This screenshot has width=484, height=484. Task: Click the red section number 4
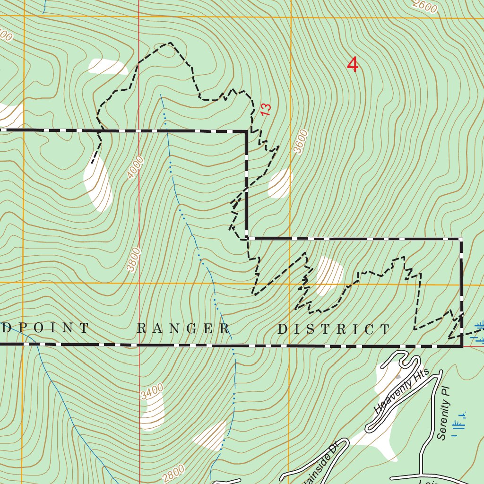tap(353, 65)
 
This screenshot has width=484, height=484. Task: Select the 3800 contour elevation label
tap(134, 259)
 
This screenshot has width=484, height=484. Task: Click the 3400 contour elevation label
tap(152, 392)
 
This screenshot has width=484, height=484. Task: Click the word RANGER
tap(183, 328)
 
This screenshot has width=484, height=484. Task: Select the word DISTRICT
tap(334, 329)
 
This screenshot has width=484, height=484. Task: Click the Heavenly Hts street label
tap(400, 390)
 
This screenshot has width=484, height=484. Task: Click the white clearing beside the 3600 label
tap(280, 183)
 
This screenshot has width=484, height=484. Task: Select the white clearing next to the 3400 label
tap(152, 412)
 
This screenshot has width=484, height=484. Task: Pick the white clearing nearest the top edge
tap(108, 67)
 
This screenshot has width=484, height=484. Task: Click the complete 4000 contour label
tap(135, 167)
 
